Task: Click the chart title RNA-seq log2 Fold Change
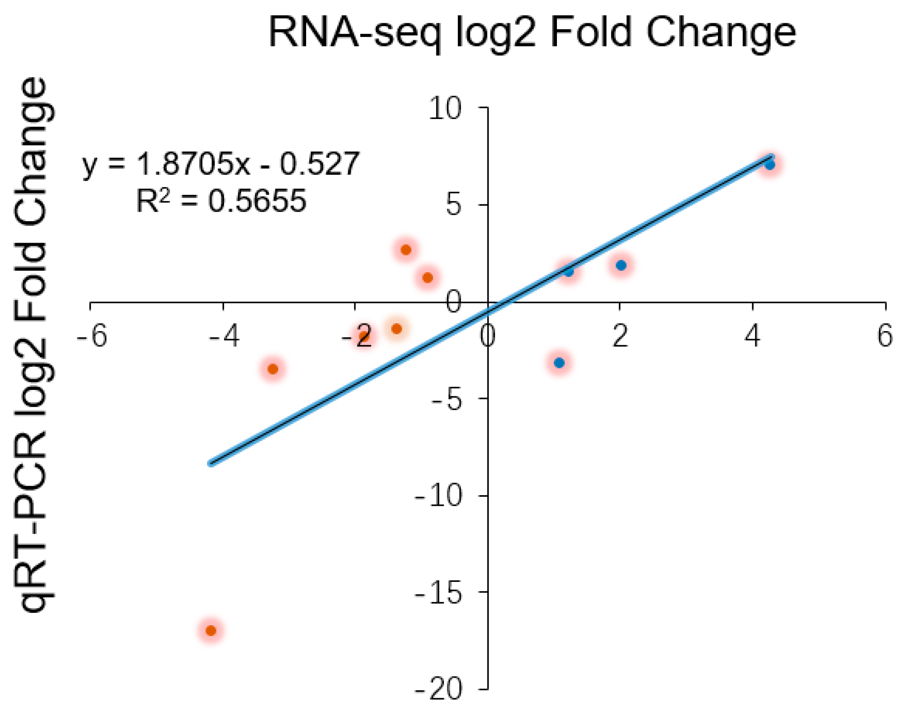532,33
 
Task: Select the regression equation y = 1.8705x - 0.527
220,164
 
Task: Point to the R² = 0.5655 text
221,201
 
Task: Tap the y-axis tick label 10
445,108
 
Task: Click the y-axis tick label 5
453,205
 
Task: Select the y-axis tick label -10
438,496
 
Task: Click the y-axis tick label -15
438,593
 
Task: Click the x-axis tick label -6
91,336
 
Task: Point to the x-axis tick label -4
224,336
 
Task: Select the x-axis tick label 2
620,336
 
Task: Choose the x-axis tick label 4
752,336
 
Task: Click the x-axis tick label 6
885,336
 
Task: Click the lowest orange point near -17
211,630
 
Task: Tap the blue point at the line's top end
769,165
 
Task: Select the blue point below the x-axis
559,363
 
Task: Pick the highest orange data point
406,250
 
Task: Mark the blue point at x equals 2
621,265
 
